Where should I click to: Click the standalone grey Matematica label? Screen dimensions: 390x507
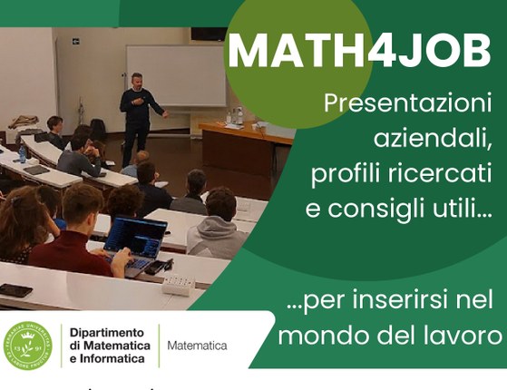tap(197, 346)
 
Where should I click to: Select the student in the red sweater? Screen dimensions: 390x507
tap(78, 237)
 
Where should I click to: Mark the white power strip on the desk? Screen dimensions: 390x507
tap(179, 284)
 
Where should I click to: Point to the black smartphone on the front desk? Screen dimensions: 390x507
tap(15, 290)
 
